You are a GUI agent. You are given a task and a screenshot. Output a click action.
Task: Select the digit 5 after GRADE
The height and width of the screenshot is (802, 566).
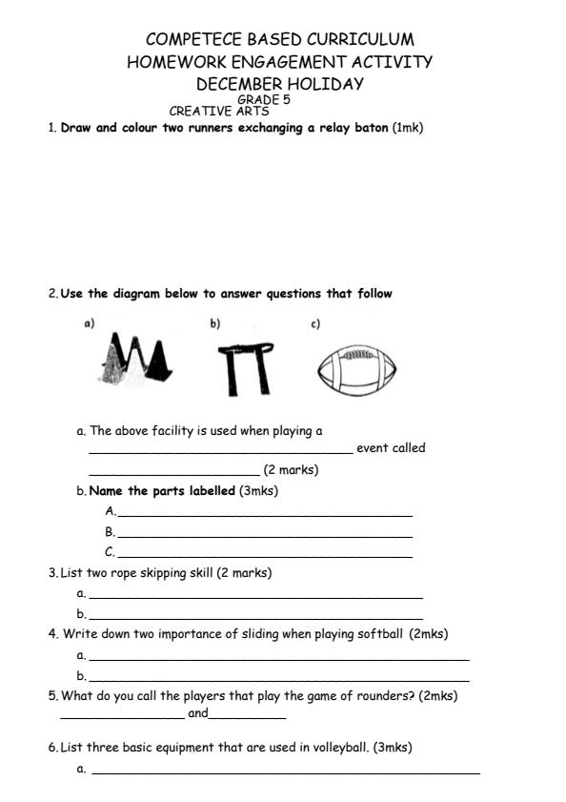point(286,99)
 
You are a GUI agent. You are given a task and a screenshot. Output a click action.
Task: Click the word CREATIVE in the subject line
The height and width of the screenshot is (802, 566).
point(194,112)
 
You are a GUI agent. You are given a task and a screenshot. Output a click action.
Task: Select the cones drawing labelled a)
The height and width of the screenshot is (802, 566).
point(135,362)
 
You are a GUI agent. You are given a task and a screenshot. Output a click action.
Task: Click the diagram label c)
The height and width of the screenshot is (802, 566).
point(314,324)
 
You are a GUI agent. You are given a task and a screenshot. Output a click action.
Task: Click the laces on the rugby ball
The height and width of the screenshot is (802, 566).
point(354,354)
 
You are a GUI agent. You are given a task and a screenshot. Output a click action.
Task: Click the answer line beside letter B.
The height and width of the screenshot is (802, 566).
point(264,537)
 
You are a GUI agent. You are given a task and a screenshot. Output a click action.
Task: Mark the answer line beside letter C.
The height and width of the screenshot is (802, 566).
point(264,556)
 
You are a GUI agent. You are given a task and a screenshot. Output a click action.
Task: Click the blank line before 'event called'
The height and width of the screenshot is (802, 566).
point(220,453)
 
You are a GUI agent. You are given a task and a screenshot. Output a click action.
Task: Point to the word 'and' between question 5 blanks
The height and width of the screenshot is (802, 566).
point(197,713)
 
